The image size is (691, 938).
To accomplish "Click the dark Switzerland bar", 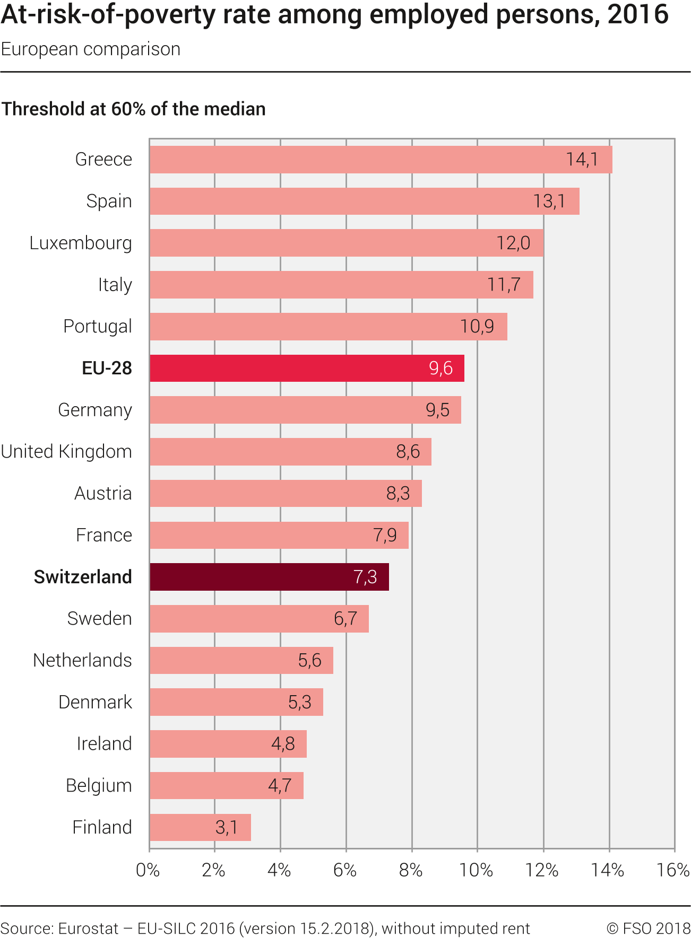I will pyautogui.click(x=269, y=577).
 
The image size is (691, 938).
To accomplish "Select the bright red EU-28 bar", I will pyautogui.click(x=307, y=368).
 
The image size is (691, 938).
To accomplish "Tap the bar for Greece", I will pyautogui.click(x=381, y=160).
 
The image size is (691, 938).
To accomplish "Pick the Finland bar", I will pyautogui.click(x=200, y=827).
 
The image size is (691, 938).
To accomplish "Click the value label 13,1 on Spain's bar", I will pyautogui.click(x=549, y=201).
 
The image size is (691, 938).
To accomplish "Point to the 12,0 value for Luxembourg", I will pyautogui.click(x=513, y=243).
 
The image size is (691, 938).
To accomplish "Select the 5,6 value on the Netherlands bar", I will pyautogui.click(x=310, y=660).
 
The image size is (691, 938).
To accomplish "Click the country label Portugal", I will pyautogui.click(x=98, y=326).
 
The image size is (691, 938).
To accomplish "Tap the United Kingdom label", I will pyautogui.click(x=66, y=452).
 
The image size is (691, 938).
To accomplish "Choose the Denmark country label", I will pyautogui.click(x=95, y=702).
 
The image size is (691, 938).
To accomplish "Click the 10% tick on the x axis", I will pyautogui.click(x=476, y=871).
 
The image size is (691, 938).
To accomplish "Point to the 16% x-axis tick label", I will pyautogui.click(x=673, y=871).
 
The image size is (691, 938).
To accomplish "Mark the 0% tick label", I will pyautogui.click(x=148, y=871).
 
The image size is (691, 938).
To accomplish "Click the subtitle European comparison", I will pyautogui.click(x=91, y=49).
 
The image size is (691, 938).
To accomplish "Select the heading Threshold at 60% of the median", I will pyautogui.click(x=134, y=109).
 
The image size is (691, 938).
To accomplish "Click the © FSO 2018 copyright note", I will pyautogui.click(x=649, y=928).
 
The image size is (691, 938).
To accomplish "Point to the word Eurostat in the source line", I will pyautogui.click(x=88, y=928).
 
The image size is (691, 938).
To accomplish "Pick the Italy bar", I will pyautogui.click(x=341, y=285).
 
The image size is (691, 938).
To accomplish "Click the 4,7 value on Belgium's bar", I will pyautogui.click(x=280, y=785).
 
